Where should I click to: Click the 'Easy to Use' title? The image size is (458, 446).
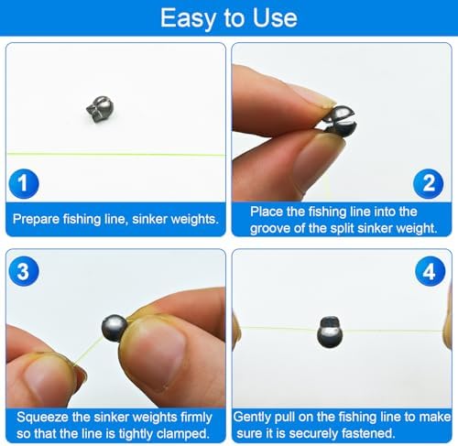point(228,17)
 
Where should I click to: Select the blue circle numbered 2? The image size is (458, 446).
point(428,183)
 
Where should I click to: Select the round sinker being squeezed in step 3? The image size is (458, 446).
point(115,327)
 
